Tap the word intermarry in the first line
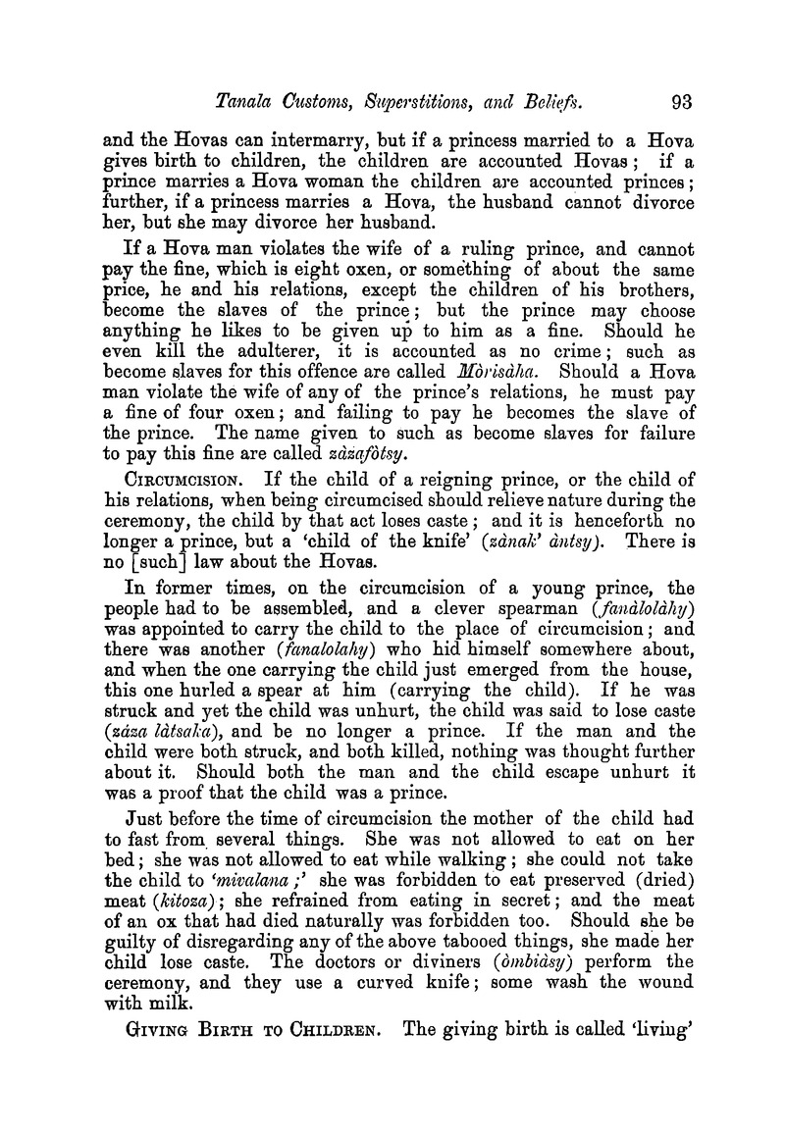coord(330,140)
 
